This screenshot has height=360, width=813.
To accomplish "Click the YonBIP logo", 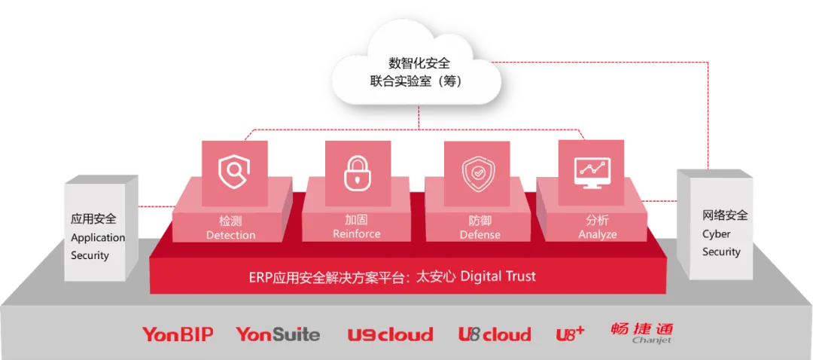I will pos(182,334).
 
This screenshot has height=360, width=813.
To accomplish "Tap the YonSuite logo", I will pos(278,334).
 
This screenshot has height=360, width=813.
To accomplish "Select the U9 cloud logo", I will pos(390,334).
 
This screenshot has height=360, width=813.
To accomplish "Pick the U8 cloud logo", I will pos(495,334).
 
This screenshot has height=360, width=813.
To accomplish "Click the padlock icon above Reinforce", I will pos(357,172).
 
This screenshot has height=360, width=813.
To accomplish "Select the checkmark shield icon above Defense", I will pos(478,172).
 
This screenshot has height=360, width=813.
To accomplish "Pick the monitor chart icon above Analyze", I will pos(592,172).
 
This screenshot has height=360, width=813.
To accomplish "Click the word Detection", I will pos(230,235).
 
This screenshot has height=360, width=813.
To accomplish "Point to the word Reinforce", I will pos(357,233).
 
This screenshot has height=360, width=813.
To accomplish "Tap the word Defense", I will pos(480,235).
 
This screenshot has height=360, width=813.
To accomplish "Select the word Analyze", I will pos(598,234).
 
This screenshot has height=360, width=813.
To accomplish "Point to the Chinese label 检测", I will pos(230,221).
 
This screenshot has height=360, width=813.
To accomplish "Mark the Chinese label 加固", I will pos(357,220).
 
